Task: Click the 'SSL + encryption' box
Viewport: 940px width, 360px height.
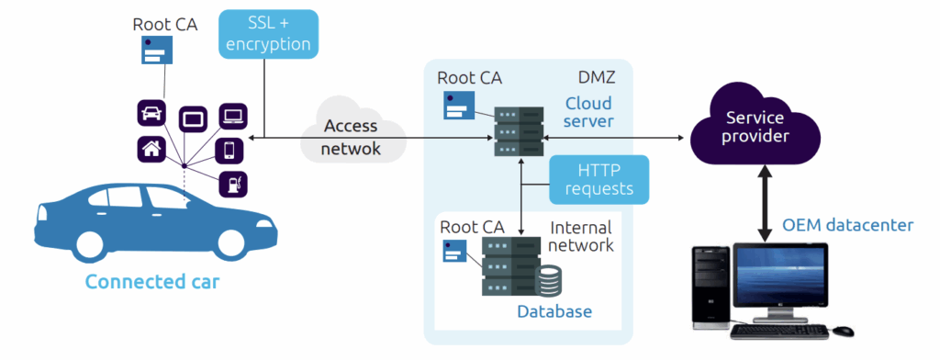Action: pos(268,34)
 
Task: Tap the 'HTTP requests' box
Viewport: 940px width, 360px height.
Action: pos(599,179)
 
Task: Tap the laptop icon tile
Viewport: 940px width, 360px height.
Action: pos(232,116)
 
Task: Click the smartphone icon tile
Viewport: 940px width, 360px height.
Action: pos(229,150)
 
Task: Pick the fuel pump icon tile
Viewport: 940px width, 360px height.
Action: pos(232,184)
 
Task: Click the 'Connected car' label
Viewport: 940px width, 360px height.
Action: pos(152,281)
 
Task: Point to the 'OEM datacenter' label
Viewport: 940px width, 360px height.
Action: pos(847,226)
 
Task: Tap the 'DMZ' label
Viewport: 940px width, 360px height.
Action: pos(597,78)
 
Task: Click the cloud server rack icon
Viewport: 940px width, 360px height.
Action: pos(520,131)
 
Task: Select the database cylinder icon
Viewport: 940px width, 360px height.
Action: pos(548,282)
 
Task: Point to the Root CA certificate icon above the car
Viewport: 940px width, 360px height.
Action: pos(157,50)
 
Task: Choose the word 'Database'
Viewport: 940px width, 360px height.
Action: pos(554,311)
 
